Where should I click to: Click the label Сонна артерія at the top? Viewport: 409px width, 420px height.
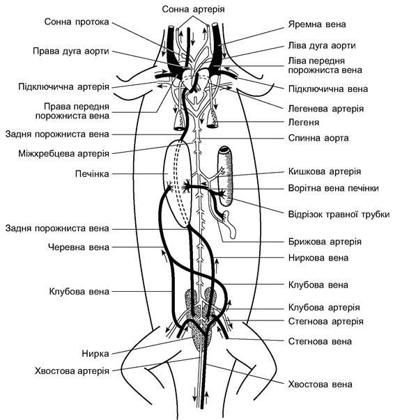(x=193, y=9)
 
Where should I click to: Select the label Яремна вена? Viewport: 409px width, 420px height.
(x=317, y=24)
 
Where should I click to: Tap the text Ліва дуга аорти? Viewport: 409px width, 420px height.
(x=322, y=45)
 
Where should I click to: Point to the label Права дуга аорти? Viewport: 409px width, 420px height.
(x=71, y=51)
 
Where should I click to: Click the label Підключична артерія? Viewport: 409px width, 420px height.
(x=64, y=87)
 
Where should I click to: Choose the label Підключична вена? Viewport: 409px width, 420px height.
(x=328, y=89)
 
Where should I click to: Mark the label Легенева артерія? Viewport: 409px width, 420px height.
(x=326, y=109)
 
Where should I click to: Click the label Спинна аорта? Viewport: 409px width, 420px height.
(x=318, y=138)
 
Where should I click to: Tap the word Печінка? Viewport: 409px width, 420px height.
(x=92, y=174)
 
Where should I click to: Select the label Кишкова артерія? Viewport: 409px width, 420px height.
(x=325, y=171)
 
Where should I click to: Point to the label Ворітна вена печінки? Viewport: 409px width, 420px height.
(x=334, y=188)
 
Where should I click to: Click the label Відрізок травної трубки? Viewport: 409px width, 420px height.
(x=339, y=215)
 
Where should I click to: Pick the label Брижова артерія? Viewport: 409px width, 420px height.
(x=325, y=242)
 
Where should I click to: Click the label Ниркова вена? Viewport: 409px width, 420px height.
(x=318, y=258)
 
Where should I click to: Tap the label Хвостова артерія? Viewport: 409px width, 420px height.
(x=72, y=371)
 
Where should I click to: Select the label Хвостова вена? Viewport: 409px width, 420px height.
(x=321, y=384)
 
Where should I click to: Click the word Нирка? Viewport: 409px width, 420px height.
(x=95, y=354)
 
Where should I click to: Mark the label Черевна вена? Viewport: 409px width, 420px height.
(x=79, y=247)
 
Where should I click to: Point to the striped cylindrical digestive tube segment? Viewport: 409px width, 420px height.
(x=226, y=176)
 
